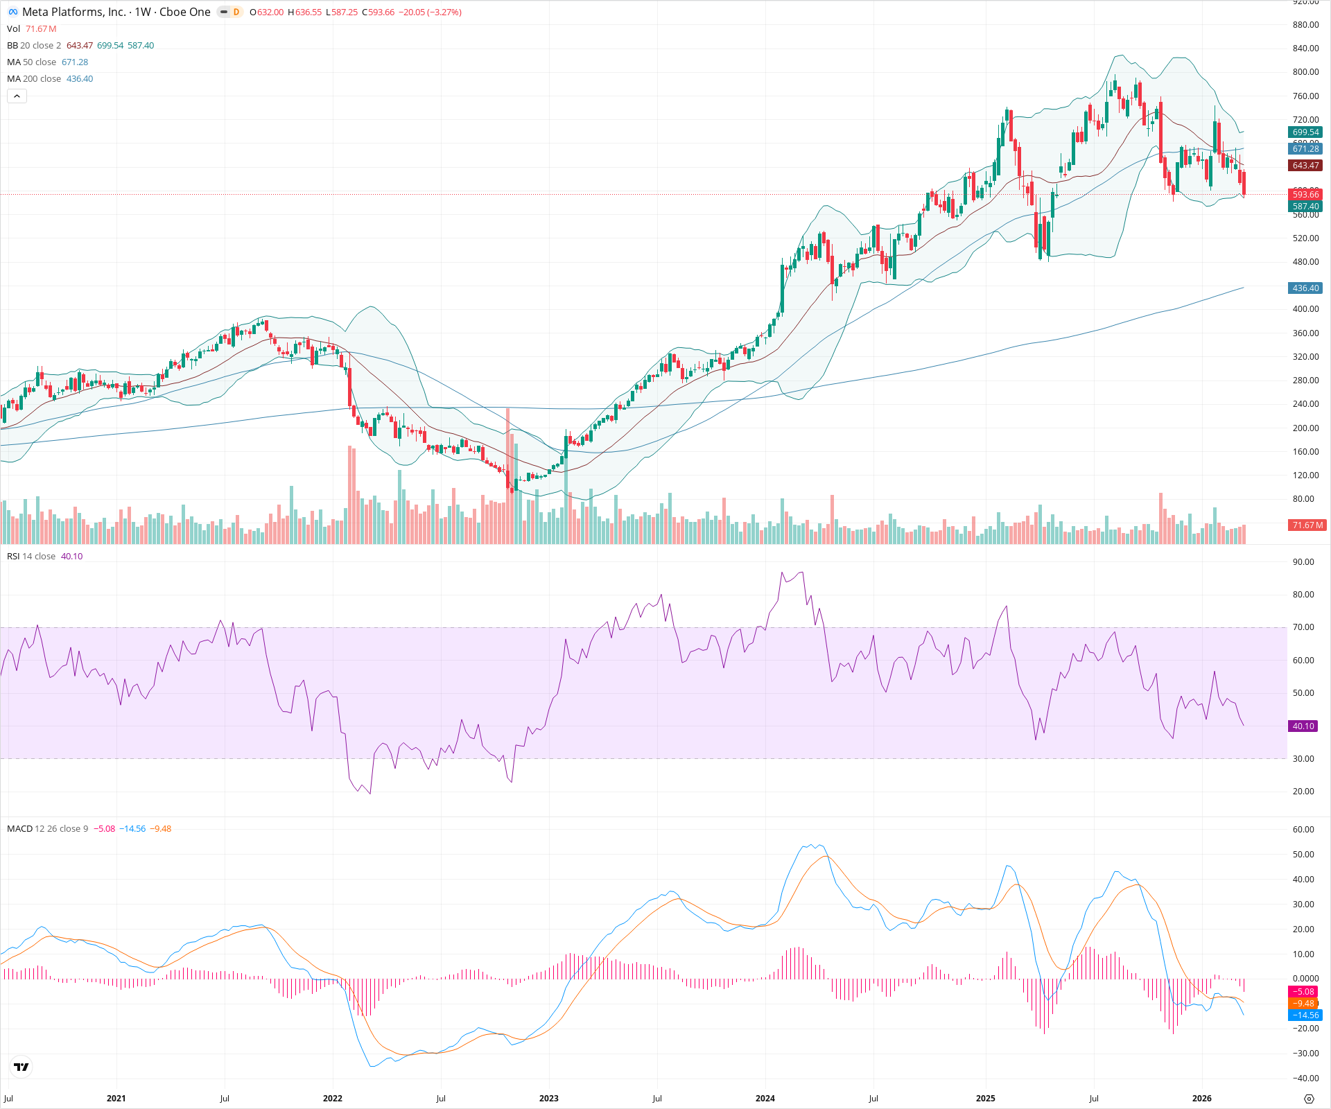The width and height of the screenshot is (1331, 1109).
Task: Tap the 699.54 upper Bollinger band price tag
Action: point(1305,132)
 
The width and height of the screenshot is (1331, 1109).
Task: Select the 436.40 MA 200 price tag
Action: point(1305,288)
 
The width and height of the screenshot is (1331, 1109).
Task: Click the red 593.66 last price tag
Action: point(1305,195)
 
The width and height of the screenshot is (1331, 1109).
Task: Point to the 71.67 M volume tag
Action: point(1307,525)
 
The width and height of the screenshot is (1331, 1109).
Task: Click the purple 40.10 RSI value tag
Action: point(1303,726)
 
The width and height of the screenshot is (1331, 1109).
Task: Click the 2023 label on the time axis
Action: point(548,1099)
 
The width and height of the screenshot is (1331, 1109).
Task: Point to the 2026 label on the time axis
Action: point(1201,1099)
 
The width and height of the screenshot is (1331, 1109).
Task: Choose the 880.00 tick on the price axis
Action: point(1305,25)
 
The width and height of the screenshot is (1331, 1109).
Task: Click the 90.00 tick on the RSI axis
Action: point(1303,562)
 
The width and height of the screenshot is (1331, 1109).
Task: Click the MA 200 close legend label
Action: point(34,79)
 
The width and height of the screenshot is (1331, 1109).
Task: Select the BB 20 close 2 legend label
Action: point(34,46)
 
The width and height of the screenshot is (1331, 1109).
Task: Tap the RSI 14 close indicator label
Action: point(31,557)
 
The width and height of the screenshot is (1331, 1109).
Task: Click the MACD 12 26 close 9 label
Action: point(47,829)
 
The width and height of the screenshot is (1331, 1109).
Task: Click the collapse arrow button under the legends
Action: point(17,96)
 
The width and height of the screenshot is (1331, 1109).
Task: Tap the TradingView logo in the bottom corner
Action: point(21,1067)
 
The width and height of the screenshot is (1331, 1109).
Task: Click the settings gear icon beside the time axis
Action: point(1309,1099)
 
